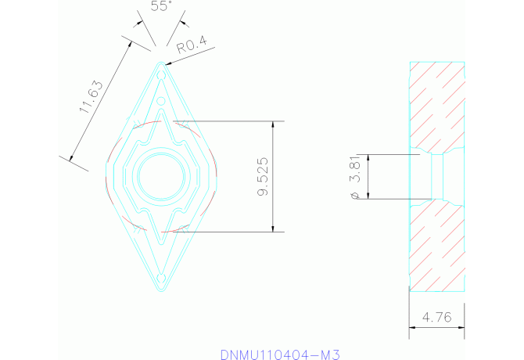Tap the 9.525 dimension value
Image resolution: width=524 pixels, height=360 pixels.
263,176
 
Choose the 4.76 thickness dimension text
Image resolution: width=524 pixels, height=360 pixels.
436,318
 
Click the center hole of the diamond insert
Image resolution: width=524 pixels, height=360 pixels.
161,176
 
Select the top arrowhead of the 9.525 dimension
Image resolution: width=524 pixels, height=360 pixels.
273,124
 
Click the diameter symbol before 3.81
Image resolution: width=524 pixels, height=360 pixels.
356,194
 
